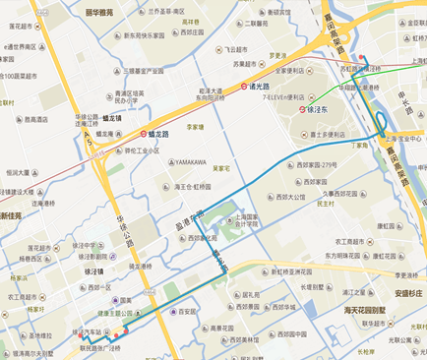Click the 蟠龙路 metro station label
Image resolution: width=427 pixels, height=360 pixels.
click(161, 135)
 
